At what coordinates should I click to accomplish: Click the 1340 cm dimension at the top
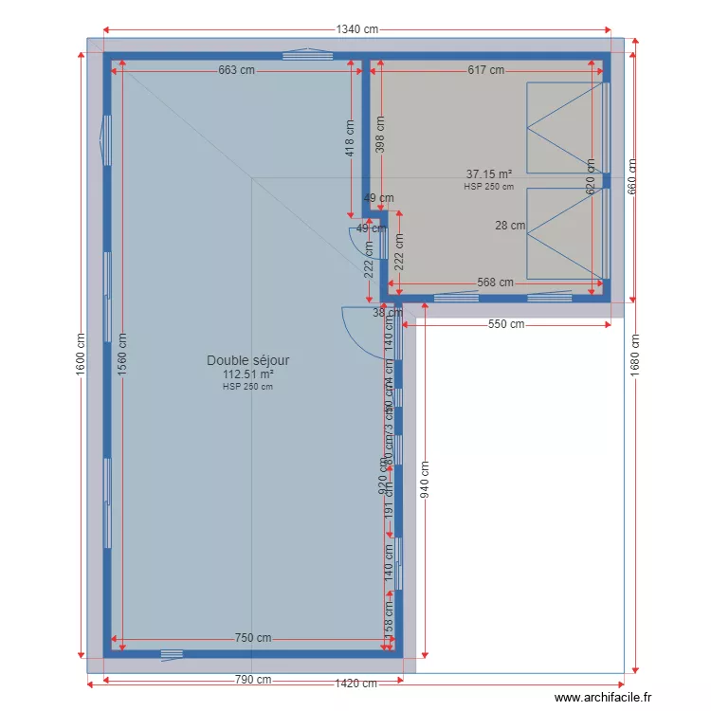pyautogui.click(x=356, y=29)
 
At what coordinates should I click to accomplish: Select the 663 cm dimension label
pyautogui.click(x=237, y=70)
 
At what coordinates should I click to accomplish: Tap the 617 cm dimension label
pyautogui.click(x=485, y=70)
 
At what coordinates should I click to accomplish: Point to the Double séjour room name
pyautogui.click(x=248, y=360)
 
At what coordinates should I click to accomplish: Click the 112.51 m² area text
pyautogui.click(x=248, y=374)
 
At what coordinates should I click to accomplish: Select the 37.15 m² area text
pyautogui.click(x=489, y=174)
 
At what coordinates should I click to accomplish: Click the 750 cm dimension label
pyautogui.click(x=253, y=638)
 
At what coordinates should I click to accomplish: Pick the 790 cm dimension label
pyautogui.click(x=253, y=680)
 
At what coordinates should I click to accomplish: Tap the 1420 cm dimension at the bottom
pyautogui.click(x=356, y=683)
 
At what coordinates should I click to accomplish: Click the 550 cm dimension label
pyautogui.click(x=506, y=324)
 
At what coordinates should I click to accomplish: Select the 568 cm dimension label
pyautogui.click(x=494, y=283)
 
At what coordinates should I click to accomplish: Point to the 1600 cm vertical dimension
pyautogui.click(x=80, y=353)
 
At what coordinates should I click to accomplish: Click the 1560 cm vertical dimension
pyautogui.click(x=121, y=353)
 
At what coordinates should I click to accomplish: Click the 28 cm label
pyautogui.click(x=510, y=226)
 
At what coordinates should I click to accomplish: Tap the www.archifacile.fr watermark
pyautogui.click(x=604, y=698)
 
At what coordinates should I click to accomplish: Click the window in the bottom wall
pyautogui.click(x=172, y=653)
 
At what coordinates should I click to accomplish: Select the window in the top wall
pyautogui.click(x=308, y=54)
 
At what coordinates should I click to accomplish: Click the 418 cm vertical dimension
pyautogui.click(x=350, y=137)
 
